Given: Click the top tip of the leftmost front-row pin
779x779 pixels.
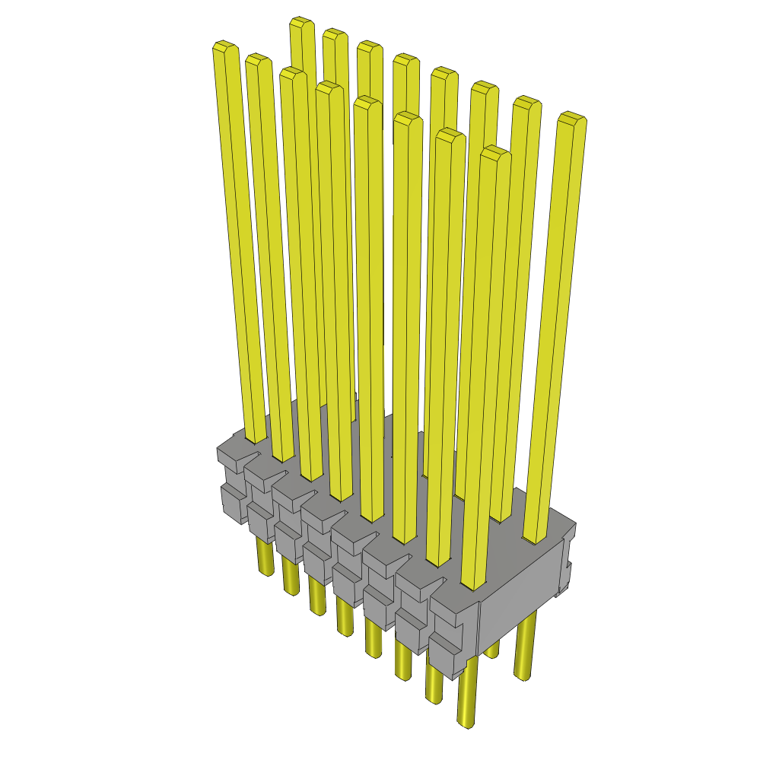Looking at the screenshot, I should [x=226, y=47].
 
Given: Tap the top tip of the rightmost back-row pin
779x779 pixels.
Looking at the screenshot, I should [x=571, y=118].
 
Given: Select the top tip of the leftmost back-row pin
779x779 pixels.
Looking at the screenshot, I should [x=302, y=23].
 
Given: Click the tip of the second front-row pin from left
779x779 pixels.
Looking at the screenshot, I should [x=259, y=60].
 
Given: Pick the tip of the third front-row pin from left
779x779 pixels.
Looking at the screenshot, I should [x=292, y=73].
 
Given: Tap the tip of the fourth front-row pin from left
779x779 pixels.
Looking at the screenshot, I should [x=329, y=87].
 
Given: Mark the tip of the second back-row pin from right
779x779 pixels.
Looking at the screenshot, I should [x=526, y=102].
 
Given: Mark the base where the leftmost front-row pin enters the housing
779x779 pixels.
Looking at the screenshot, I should [x=256, y=437].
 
